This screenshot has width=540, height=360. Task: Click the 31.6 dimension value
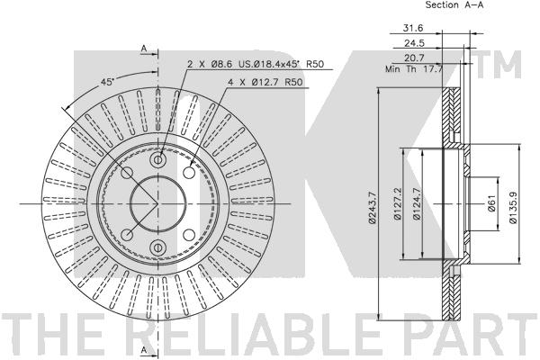pyautogui.click(x=412, y=28)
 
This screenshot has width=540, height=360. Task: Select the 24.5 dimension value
pyautogui.click(x=414, y=43)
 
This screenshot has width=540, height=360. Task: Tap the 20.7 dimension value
pyautogui.click(x=414, y=58)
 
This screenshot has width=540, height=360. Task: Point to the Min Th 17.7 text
pyautogui.click(x=414, y=69)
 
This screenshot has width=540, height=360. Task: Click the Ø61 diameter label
pyautogui.click(x=491, y=203)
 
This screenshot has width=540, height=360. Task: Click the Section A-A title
pyautogui.click(x=454, y=4)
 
